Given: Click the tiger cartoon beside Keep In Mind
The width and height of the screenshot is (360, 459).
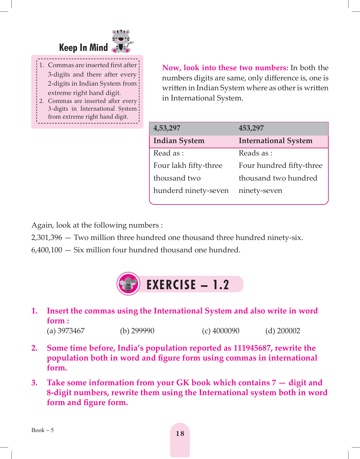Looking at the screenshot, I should pyautogui.click(x=122, y=41).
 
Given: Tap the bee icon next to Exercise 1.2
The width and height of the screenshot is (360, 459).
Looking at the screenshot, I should pyautogui.click(x=128, y=284).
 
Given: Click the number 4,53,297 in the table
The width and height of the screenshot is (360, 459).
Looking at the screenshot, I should pyautogui.click(x=167, y=128).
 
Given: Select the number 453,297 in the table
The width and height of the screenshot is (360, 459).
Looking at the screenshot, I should pyautogui.click(x=251, y=128).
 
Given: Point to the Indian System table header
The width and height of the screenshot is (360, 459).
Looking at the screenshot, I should pyautogui.click(x=179, y=141).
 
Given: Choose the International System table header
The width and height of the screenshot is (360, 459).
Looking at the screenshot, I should pyautogui.click(x=276, y=141).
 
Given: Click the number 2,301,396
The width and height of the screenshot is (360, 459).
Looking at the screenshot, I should pyautogui.click(x=47, y=238).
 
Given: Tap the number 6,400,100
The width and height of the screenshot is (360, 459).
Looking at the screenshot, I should pyautogui.click(x=47, y=250).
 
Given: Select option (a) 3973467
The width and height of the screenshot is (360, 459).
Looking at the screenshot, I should pyautogui.click(x=66, y=331).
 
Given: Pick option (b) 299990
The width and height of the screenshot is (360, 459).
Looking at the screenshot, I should pyautogui.click(x=137, y=331).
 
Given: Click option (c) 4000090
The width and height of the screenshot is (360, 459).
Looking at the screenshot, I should pyautogui.click(x=221, y=331).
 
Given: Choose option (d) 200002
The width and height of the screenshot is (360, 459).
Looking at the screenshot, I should pyautogui.click(x=283, y=331).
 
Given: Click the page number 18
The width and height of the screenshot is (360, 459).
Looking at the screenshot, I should pyautogui.click(x=180, y=434).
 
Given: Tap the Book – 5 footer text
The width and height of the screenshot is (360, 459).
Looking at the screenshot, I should pyautogui.click(x=42, y=430).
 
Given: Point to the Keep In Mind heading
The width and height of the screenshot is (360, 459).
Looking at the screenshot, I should pyautogui.click(x=83, y=48).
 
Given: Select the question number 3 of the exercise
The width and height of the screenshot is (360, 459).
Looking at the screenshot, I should pyautogui.click(x=34, y=383).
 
